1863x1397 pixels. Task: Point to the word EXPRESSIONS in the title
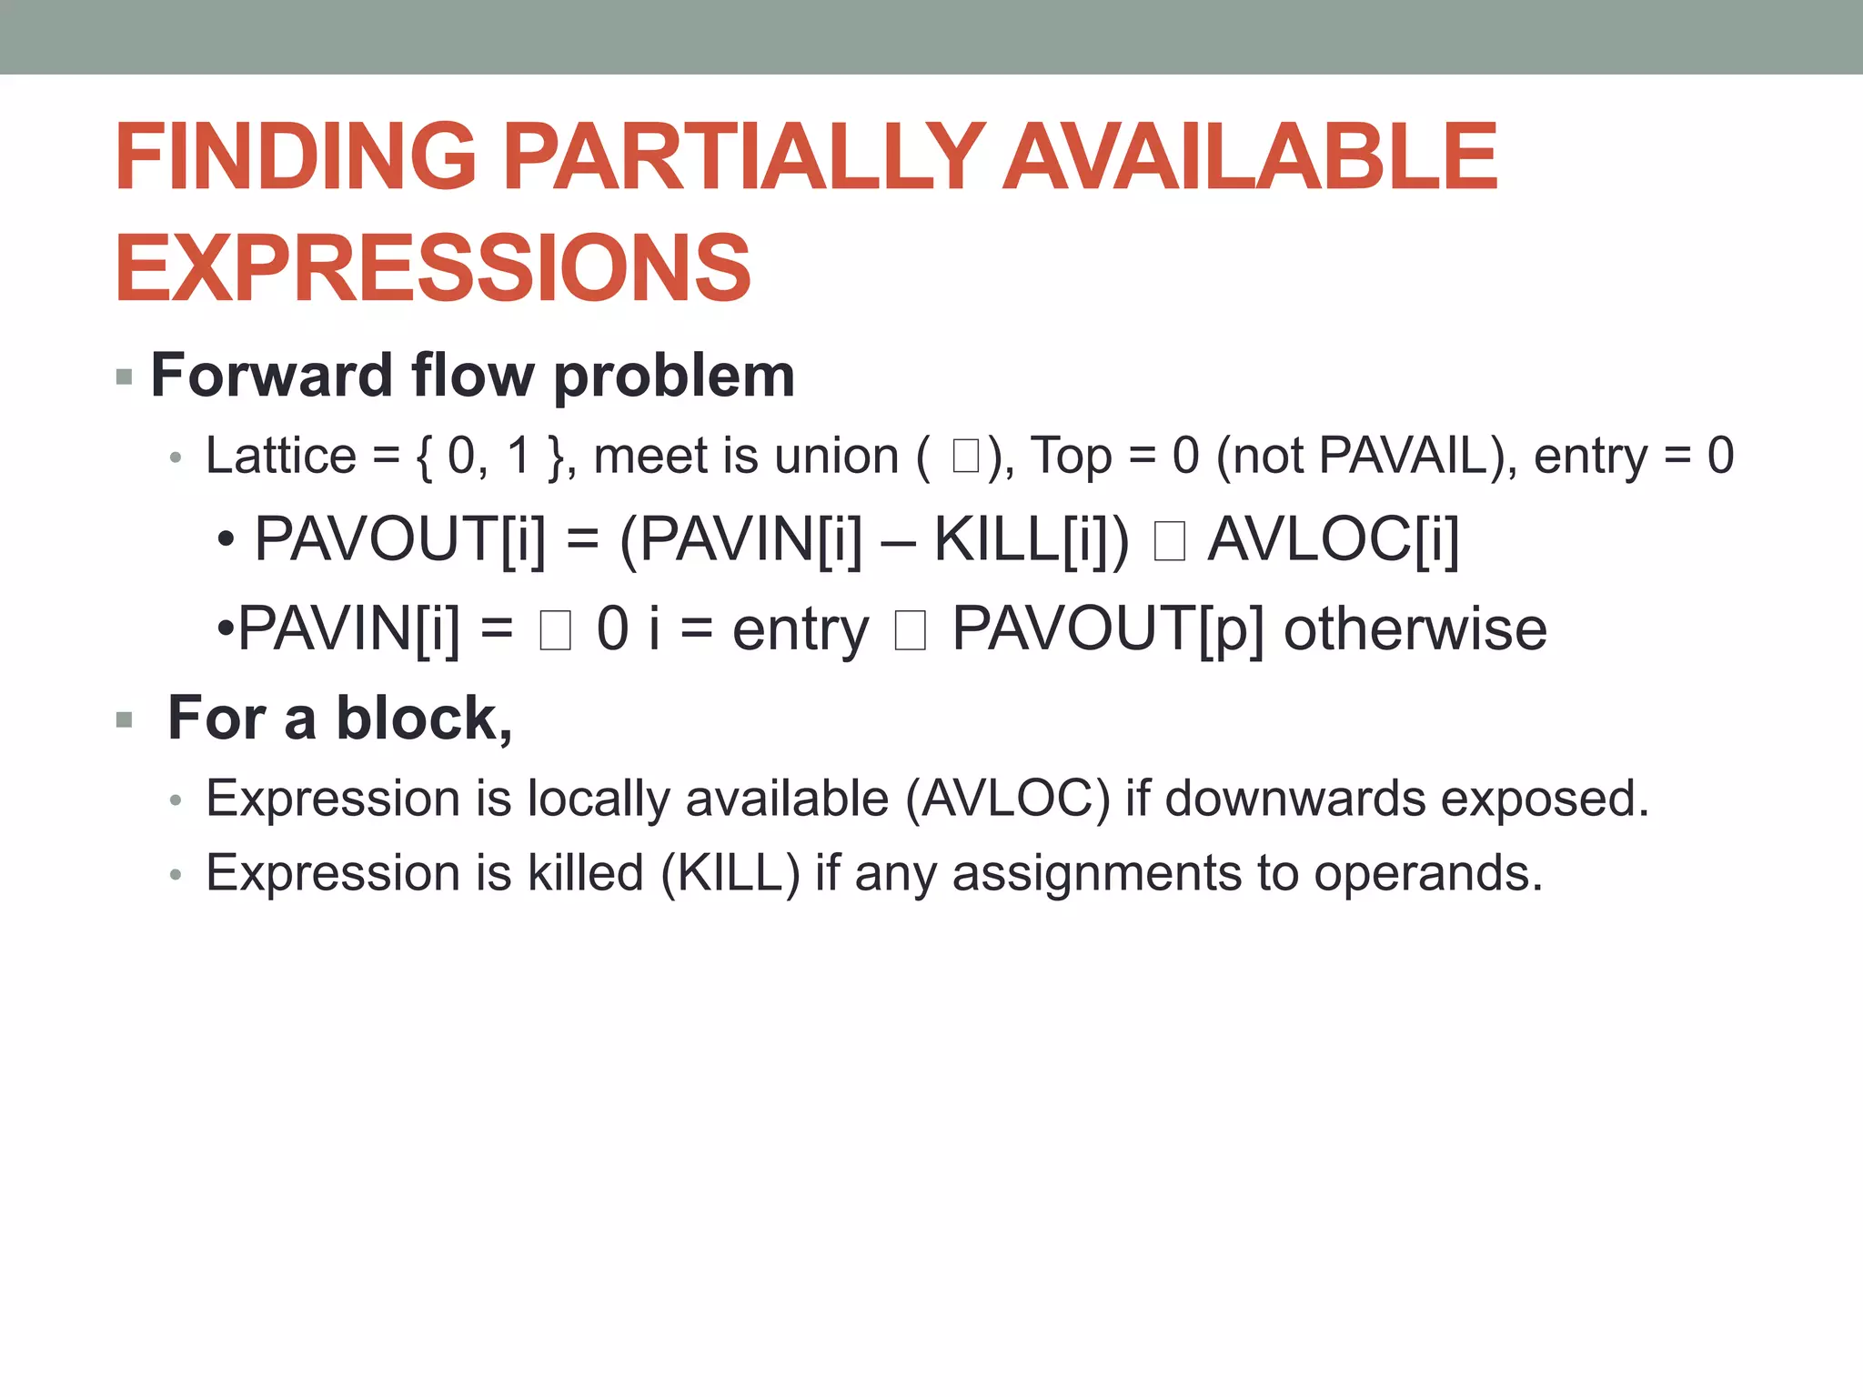pyautogui.click(x=433, y=268)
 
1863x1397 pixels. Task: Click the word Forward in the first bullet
pyautogui.click(x=270, y=375)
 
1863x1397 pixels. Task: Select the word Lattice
pyautogui.click(x=281, y=456)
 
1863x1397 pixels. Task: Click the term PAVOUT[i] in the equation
pyautogui.click(x=400, y=539)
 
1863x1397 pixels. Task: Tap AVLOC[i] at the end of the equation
pyautogui.click(x=1333, y=539)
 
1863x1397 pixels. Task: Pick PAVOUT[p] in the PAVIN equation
pyautogui.click(x=1108, y=628)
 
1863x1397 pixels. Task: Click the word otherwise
pyautogui.click(x=1415, y=628)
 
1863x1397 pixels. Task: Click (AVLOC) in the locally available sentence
pyautogui.click(x=1007, y=799)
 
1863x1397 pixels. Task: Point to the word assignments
pyautogui.click(x=1096, y=873)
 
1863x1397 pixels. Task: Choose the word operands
pyautogui.click(x=1427, y=873)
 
